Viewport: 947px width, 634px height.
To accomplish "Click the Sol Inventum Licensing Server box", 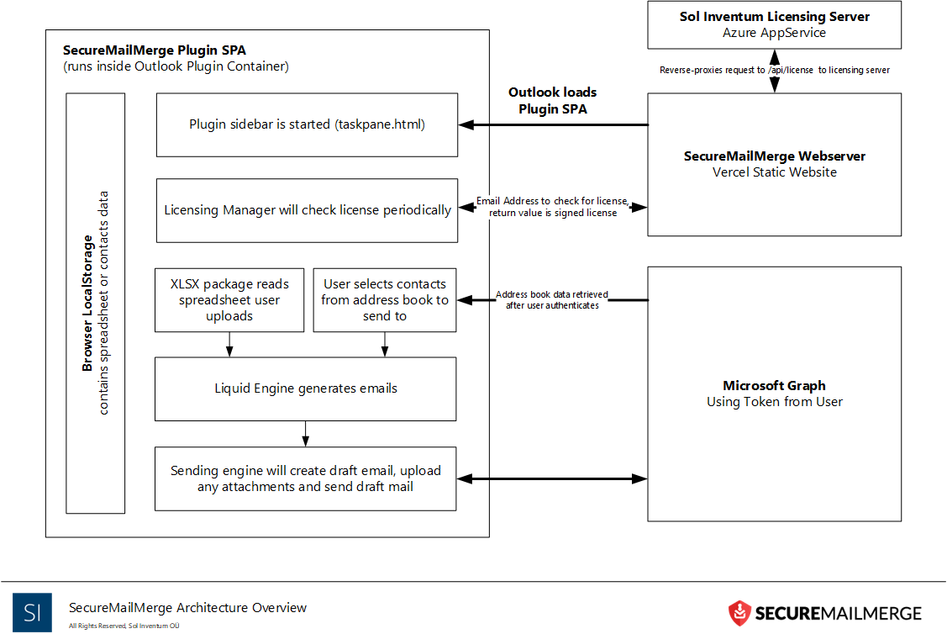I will (774, 24).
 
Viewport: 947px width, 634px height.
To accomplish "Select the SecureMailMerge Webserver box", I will (774, 164).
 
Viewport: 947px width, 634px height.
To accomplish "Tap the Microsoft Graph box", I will (774, 394).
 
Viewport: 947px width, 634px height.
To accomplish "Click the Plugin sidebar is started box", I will (307, 124).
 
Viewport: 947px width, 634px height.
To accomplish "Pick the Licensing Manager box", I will (307, 210).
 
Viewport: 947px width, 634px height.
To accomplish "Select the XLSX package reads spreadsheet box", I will (229, 299).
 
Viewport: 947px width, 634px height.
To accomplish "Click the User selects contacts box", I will (385, 299).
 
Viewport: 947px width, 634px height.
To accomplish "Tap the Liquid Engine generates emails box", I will (305, 388).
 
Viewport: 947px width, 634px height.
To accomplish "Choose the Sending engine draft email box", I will (305, 478).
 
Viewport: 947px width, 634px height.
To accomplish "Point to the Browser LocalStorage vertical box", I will (96, 303).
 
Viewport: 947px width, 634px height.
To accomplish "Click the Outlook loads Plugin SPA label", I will (552, 100).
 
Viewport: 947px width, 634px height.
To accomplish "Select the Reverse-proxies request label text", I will (774, 70).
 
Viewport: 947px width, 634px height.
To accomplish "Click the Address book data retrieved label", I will (552, 300).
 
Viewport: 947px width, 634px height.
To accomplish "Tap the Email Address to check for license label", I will (552, 207).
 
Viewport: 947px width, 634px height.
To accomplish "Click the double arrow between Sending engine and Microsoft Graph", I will (552, 479).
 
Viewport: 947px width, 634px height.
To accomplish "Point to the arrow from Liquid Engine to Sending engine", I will (305, 433).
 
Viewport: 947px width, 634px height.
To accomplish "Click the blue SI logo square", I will (32, 612).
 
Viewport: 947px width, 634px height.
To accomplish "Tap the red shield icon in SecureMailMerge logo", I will (739, 613).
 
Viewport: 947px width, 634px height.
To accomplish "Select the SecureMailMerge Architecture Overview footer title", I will (188, 608).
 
